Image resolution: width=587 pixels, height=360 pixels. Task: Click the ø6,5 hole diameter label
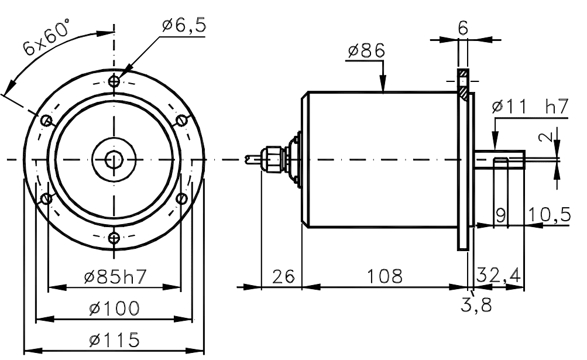pyautogui.click(x=184, y=25)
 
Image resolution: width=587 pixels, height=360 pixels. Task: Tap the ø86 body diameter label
pyautogui.click(x=366, y=51)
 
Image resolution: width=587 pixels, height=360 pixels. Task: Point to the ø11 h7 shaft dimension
pyautogui.click(x=530, y=107)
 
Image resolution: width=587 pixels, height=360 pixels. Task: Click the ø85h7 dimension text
pyautogui.click(x=114, y=277)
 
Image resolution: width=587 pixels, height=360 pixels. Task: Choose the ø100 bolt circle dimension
pyautogui.click(x=114, y=308)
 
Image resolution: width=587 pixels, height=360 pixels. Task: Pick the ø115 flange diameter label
pyautogui.click(x=114, y=340)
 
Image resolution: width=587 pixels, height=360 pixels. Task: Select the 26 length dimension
pyautogui.click(x=281, y=276)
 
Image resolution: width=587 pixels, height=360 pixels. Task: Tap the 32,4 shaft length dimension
pyautogui.click(x=499, y=275)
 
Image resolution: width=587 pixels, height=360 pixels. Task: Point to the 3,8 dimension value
pyautogui.click(x=477, y=304)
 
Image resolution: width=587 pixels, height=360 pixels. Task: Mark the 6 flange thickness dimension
pyautogui.click(x=463, y=28)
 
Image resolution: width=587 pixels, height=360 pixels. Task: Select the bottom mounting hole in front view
pyautogui.click(x=114, y=237)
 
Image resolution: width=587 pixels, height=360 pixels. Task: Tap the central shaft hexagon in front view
pyautogui.click(x=114, y=159)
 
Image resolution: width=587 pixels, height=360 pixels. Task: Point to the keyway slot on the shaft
pyautogui.click(x=501, y=162)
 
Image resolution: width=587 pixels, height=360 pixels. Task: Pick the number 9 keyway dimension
pyautogui.click(x=501, y=215)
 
